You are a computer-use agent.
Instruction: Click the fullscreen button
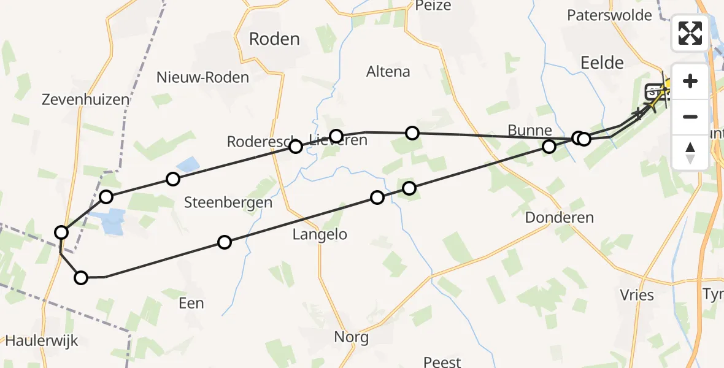point(690,33)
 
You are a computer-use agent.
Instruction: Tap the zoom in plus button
point(690,81)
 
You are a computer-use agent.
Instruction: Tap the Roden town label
point(274,39)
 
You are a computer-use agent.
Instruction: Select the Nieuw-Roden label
point(202,77)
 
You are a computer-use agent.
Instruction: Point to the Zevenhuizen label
point(86,99)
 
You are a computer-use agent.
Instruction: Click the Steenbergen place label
point(228,202)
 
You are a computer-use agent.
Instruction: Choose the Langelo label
point(320,234)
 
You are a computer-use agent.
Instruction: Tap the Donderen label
point(560,218)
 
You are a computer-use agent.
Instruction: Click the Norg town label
point(352,337)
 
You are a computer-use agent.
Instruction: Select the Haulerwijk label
point(42,341)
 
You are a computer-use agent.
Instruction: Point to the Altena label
point(388,72)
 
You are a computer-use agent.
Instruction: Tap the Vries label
point(637,295)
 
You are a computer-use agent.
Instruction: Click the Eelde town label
point(601,62)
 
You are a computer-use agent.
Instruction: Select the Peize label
point(433,6)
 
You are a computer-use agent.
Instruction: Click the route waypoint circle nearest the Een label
point(225,242)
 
